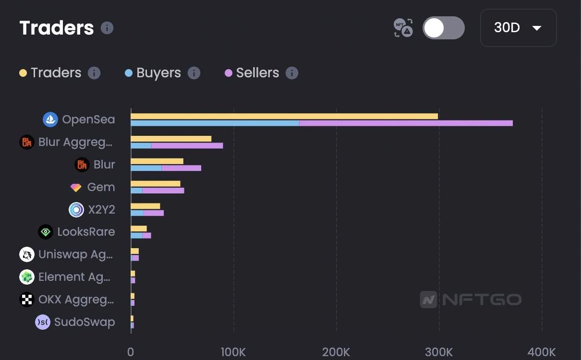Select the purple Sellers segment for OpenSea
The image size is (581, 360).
click(x=406, y=123)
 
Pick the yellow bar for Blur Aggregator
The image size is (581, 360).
click(x=171, y=139)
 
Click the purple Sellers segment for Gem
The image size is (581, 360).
click(x=163, y=191)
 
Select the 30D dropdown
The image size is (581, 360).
click(x=518, y=28)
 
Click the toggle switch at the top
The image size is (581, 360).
click(x=443, y=28)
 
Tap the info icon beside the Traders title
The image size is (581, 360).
click(x=107, y=28)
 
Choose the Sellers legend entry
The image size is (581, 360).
click(x=257, y=73)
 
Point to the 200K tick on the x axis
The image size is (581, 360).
click(x=336, y=352)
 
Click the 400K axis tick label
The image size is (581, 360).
click(x=542, y=352)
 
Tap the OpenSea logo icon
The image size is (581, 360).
click(x=50, y=120)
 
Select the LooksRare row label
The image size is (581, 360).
click(x=86, y=232)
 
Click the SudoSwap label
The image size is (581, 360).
click(x=85, y=322)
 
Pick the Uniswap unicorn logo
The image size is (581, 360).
click(x=27, y=254)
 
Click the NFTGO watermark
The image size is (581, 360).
click(x=471, y=300)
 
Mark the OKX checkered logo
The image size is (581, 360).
click(x=27, y=300)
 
